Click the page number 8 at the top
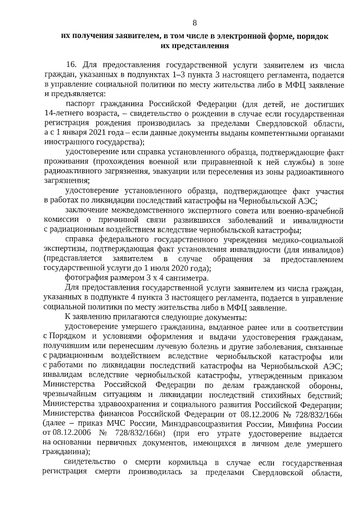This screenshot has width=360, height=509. (x=195, y=23)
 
